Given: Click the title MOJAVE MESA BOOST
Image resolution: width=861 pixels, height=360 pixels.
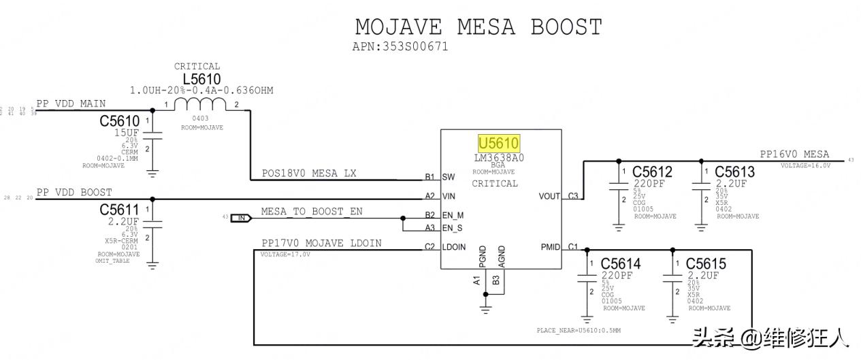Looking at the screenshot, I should [478, 27].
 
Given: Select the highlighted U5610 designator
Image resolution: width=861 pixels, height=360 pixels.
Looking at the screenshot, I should [499, 144].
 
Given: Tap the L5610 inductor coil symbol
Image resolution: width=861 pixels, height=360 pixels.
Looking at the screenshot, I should [200, 104].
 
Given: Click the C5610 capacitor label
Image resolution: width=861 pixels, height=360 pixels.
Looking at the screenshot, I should [119, 121].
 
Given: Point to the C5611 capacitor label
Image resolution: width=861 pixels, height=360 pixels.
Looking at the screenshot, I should [119, 210].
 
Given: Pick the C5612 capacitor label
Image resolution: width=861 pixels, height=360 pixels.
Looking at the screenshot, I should [652, 171].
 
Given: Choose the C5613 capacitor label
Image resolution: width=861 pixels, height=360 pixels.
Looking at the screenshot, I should [734, 171].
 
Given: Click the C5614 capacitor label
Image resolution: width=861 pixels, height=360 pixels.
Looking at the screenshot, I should [621, 263].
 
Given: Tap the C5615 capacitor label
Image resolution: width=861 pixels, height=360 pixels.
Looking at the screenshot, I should [706, 263].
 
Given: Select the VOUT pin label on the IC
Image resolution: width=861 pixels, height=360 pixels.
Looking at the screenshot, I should [550, 196].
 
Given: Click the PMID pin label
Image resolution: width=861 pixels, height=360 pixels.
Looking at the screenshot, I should [550, 247].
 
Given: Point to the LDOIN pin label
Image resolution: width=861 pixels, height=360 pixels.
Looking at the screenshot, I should [453, 247].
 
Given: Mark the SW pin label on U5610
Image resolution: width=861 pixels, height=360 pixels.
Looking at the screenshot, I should [448, 177].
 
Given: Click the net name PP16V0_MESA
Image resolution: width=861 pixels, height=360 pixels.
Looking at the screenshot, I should [794, 154].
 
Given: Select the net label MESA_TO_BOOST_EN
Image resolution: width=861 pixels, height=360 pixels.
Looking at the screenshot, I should [312, 212].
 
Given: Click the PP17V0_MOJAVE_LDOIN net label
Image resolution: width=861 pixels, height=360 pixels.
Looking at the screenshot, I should [321, 243].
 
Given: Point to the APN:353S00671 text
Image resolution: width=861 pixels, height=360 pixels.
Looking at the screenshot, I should [400, 47].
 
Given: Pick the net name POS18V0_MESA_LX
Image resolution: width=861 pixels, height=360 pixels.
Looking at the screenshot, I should [309, 174].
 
